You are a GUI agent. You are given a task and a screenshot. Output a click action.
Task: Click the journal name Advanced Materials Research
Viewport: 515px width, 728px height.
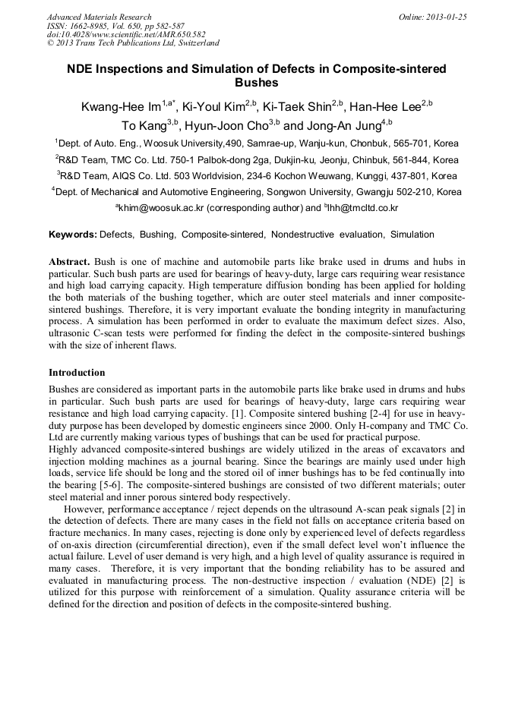(100, 17)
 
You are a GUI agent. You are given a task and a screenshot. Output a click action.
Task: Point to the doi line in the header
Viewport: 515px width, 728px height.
(126, 34)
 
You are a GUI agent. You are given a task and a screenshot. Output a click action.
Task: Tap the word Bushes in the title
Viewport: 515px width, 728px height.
(257, 83)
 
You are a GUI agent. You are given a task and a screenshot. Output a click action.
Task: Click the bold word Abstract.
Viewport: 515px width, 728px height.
(69, 261)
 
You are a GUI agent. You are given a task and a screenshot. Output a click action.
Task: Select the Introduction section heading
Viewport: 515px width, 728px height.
(77, 373)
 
